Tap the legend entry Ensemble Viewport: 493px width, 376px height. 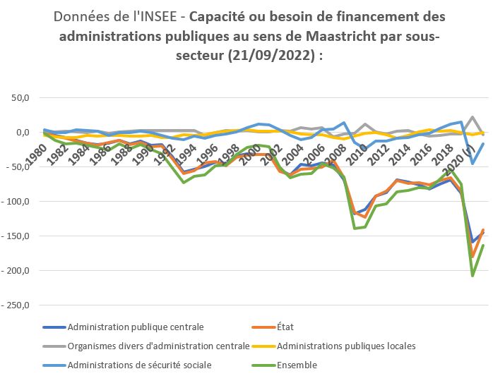pos(297,365)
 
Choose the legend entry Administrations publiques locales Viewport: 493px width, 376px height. pos(347,346)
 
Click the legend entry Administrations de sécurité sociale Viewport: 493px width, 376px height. pos(139,365)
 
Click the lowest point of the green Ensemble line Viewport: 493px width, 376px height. pos(473,275)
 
